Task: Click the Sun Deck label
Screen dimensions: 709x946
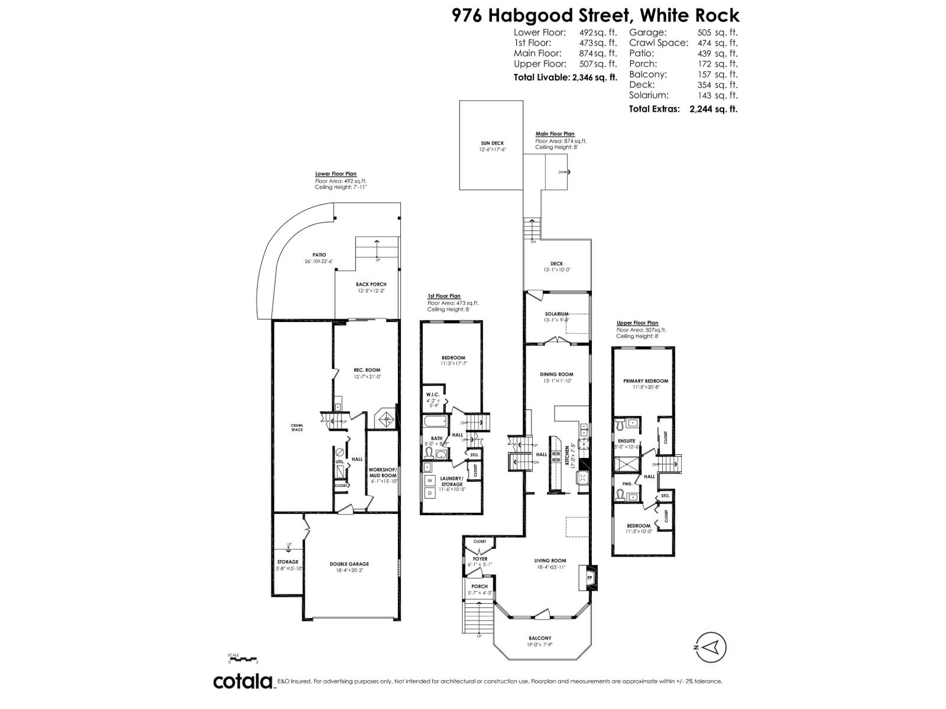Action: (492, 143)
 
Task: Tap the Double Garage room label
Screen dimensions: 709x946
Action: (349, 564)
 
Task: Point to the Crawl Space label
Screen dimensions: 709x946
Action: (297, 427)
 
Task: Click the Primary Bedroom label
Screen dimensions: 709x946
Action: (646, 381)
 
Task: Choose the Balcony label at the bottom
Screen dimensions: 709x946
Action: (540, 638)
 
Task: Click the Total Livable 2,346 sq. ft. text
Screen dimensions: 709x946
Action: (565, 77)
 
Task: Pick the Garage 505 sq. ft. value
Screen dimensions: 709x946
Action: (718, 33)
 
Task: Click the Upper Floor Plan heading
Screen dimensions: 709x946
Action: (637, 323)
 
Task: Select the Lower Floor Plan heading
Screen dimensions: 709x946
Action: (336, 174)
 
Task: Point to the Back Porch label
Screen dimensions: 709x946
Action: (371, 284)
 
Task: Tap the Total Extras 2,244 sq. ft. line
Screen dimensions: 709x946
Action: (683, 109)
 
